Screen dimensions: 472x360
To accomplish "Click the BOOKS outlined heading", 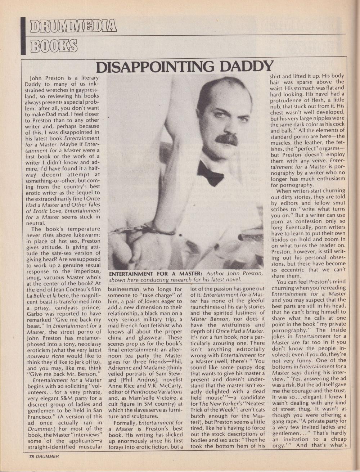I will click(x=54, y=45).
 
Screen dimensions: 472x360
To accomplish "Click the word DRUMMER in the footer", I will click(x=47, y=457).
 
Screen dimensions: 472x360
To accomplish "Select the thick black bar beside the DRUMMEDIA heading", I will click(x=24, y=36).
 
